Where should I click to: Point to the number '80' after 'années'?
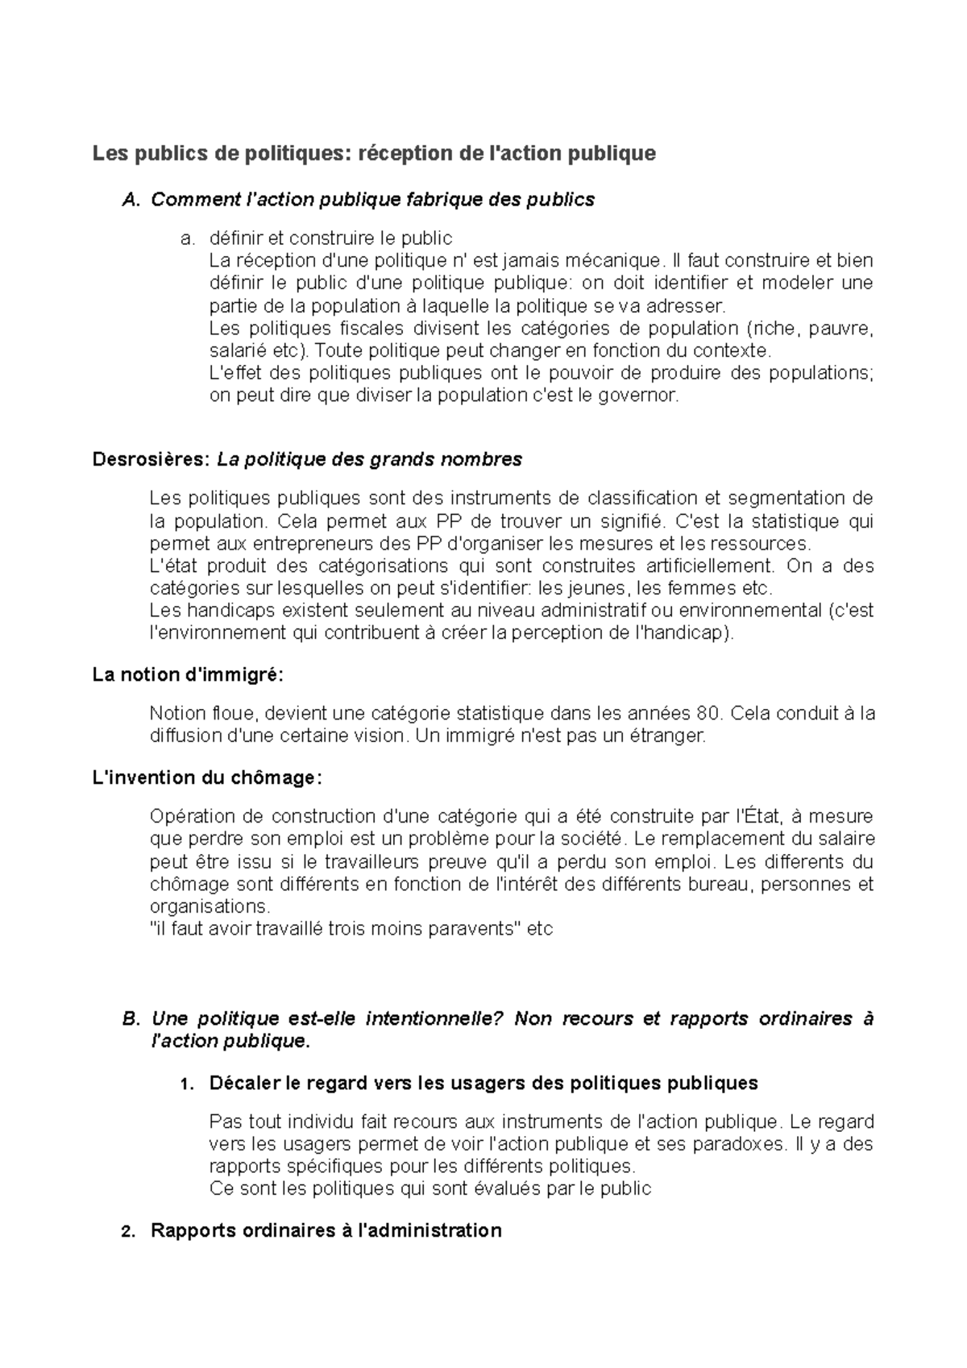point(703,714)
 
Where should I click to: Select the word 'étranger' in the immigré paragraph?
point(670,736)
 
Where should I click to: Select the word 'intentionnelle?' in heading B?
point(435,1019)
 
